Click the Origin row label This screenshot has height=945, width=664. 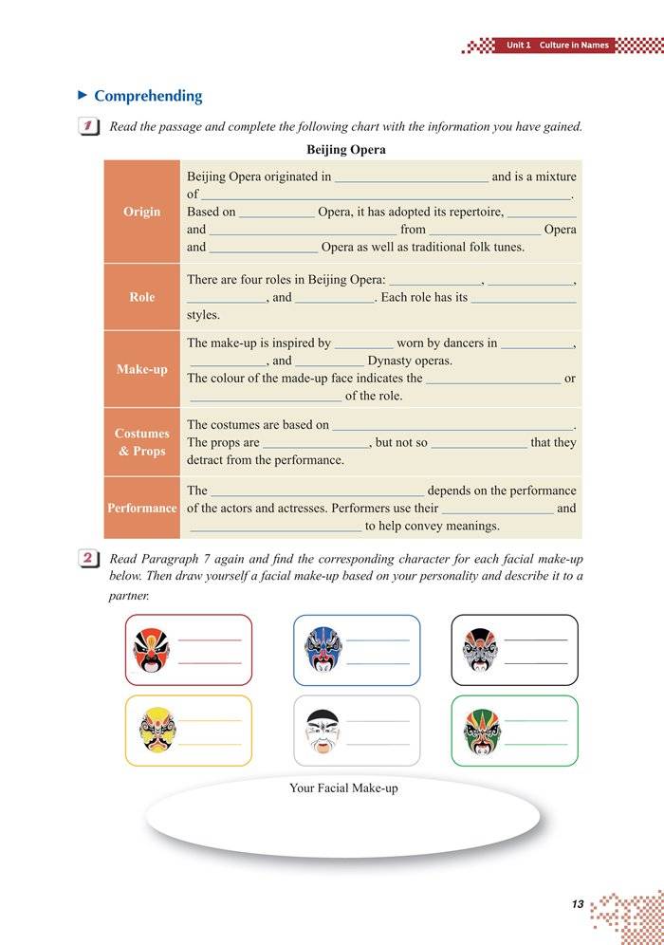click(x=141, y=212)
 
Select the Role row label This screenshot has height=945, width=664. click(x=141, y=297)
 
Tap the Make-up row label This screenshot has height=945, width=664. click(x=141, y=369)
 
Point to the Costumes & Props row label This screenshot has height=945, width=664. click(x=141, y=442)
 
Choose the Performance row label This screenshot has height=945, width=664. click(x=141, y=508)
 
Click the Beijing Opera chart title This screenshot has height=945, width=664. click(x=346, y=150)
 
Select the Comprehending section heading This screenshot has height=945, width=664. click(x=148, y=96)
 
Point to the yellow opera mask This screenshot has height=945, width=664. click(x=153, y=731)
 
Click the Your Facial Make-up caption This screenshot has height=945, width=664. click(x=343, y=788)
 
